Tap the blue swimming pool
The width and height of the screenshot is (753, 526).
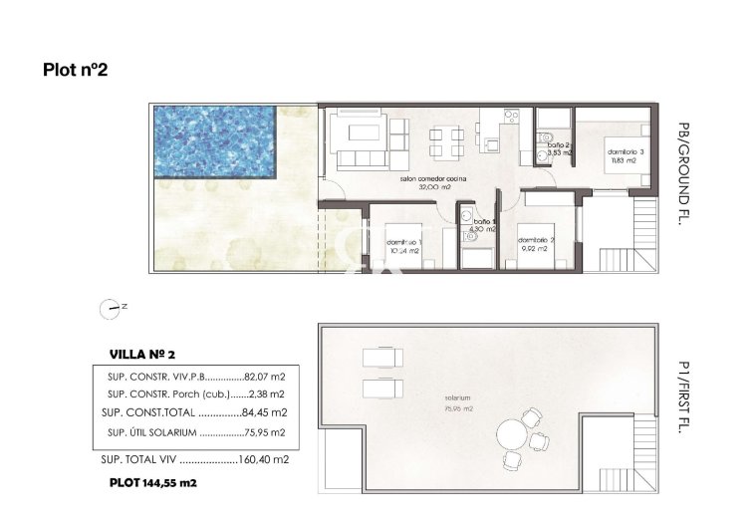point(214,140)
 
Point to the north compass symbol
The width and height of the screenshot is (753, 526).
point(110,309)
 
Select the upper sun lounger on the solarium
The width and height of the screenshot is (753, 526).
point(379,357)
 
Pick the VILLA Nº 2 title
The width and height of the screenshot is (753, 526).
point(141,354)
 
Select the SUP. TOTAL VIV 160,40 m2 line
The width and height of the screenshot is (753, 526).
point(194,459)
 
